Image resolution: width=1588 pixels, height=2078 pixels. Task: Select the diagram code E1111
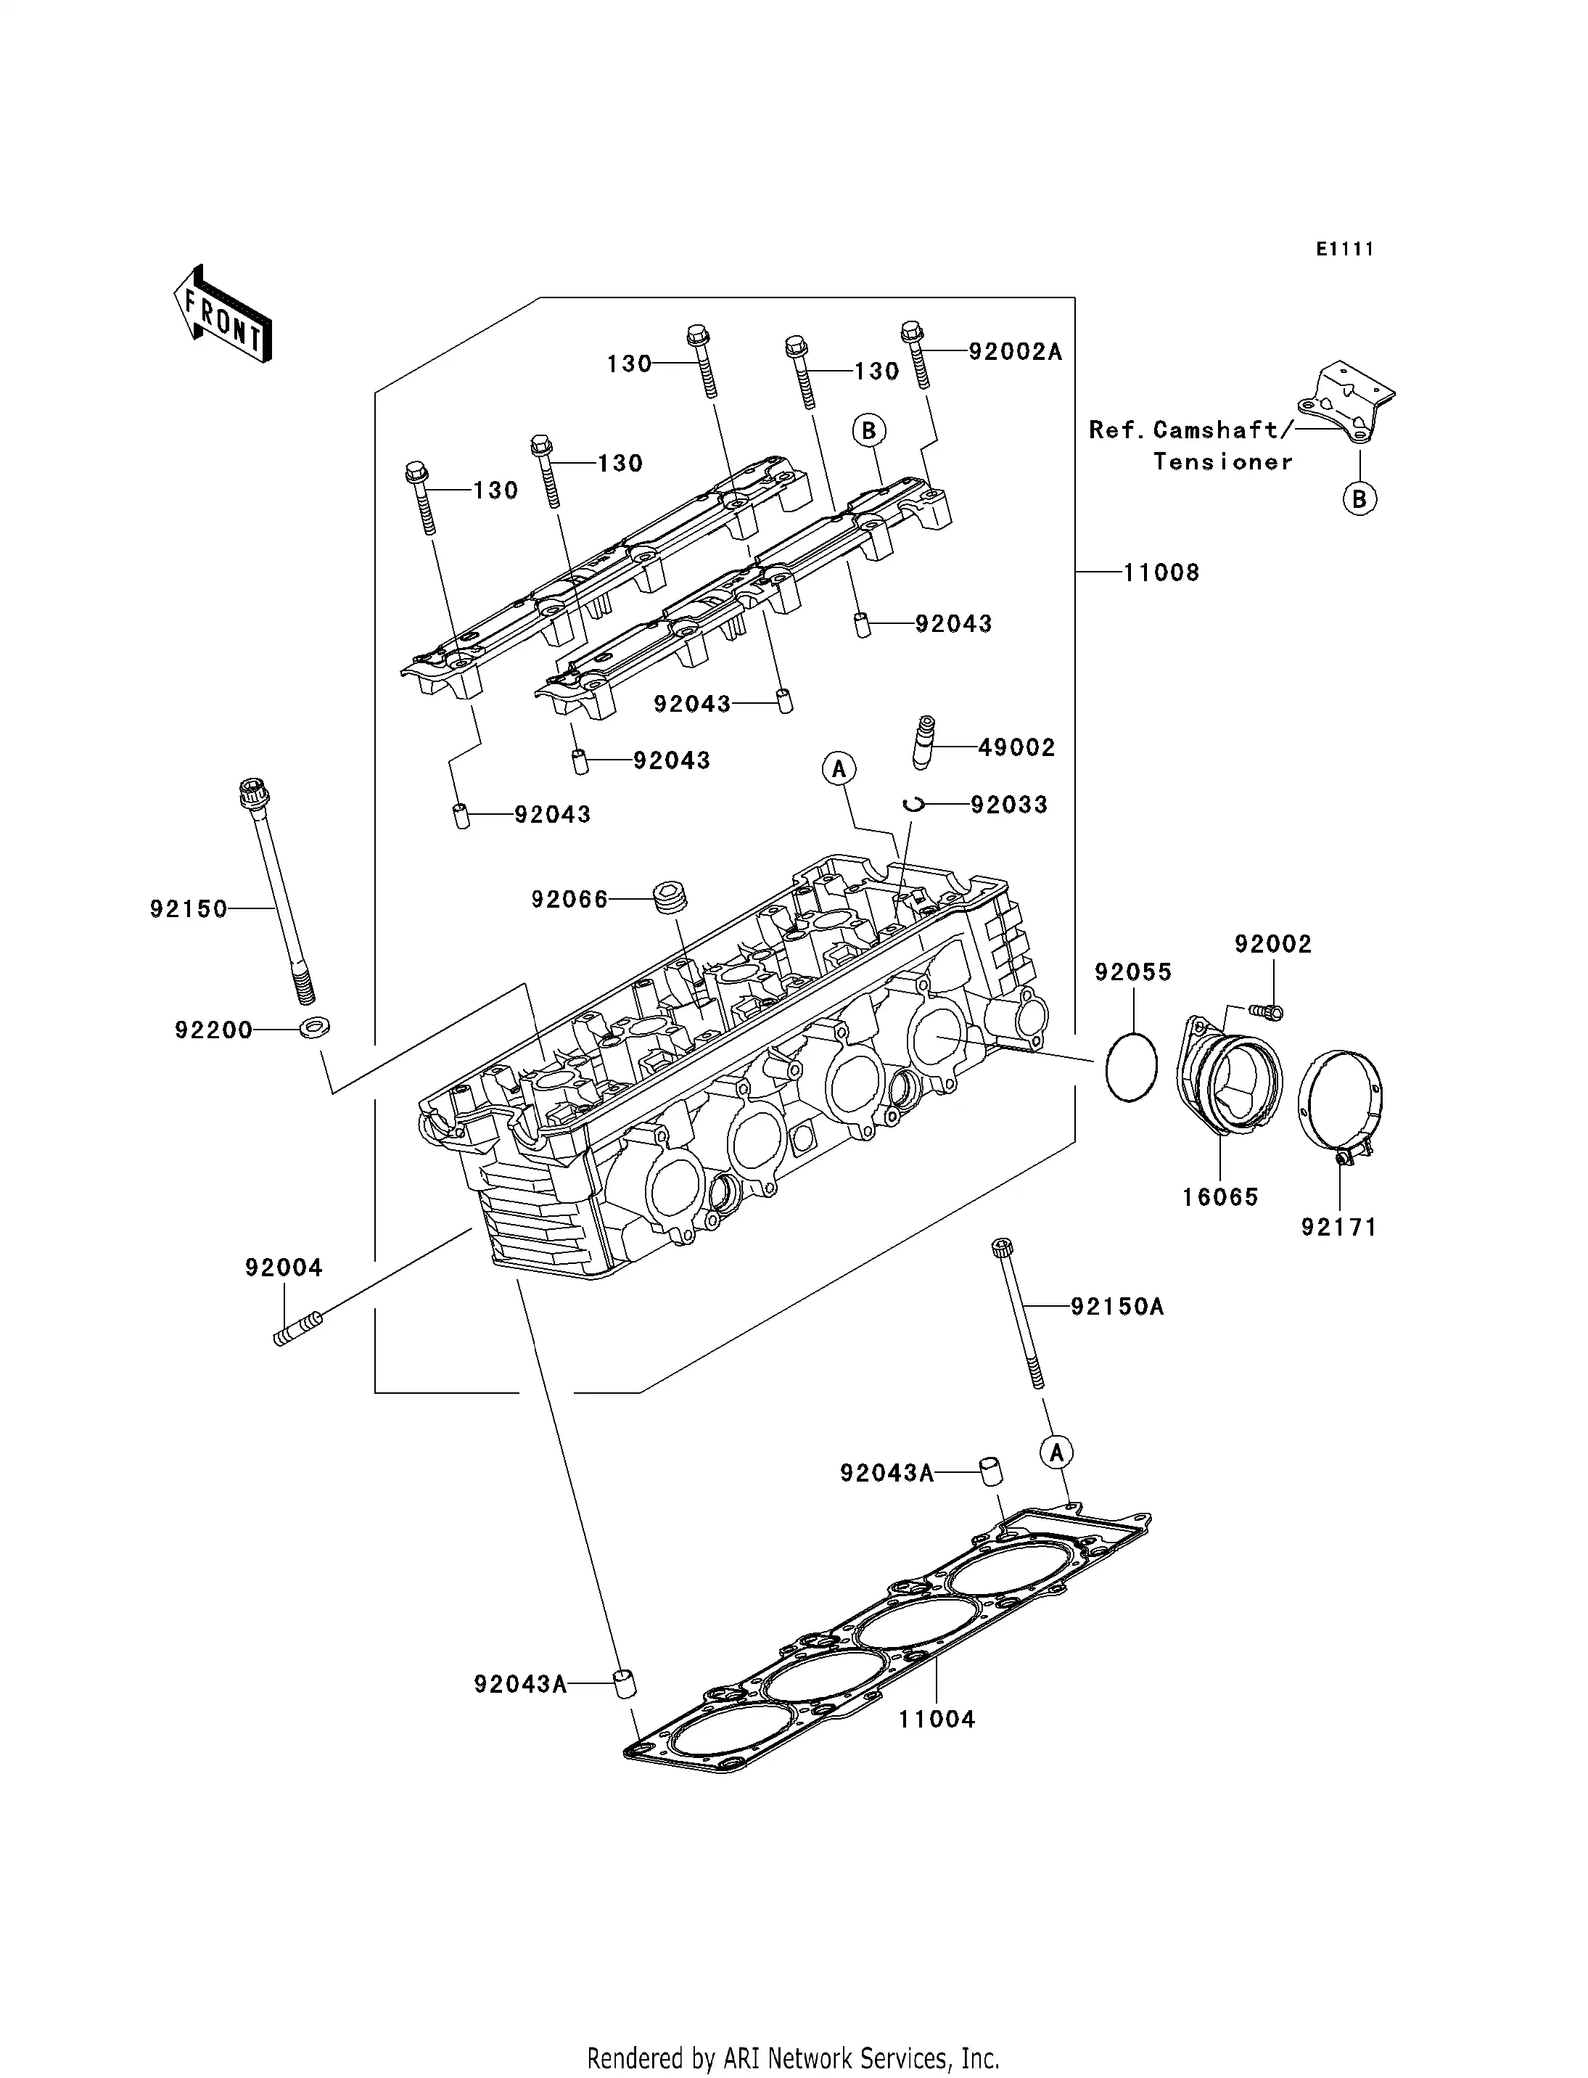[1344, 249]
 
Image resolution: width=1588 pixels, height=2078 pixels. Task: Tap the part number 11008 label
[1161, 573]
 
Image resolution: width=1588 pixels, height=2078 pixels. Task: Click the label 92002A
[1015, 352]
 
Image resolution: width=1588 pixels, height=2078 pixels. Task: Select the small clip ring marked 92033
[912, 805]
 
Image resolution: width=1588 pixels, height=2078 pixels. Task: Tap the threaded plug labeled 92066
[670, 898]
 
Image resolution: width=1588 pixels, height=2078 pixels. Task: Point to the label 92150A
[1117, 1307]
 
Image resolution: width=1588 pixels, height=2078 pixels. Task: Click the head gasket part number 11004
[936, 1719]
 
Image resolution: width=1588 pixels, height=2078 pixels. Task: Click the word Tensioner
[1222, 462]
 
